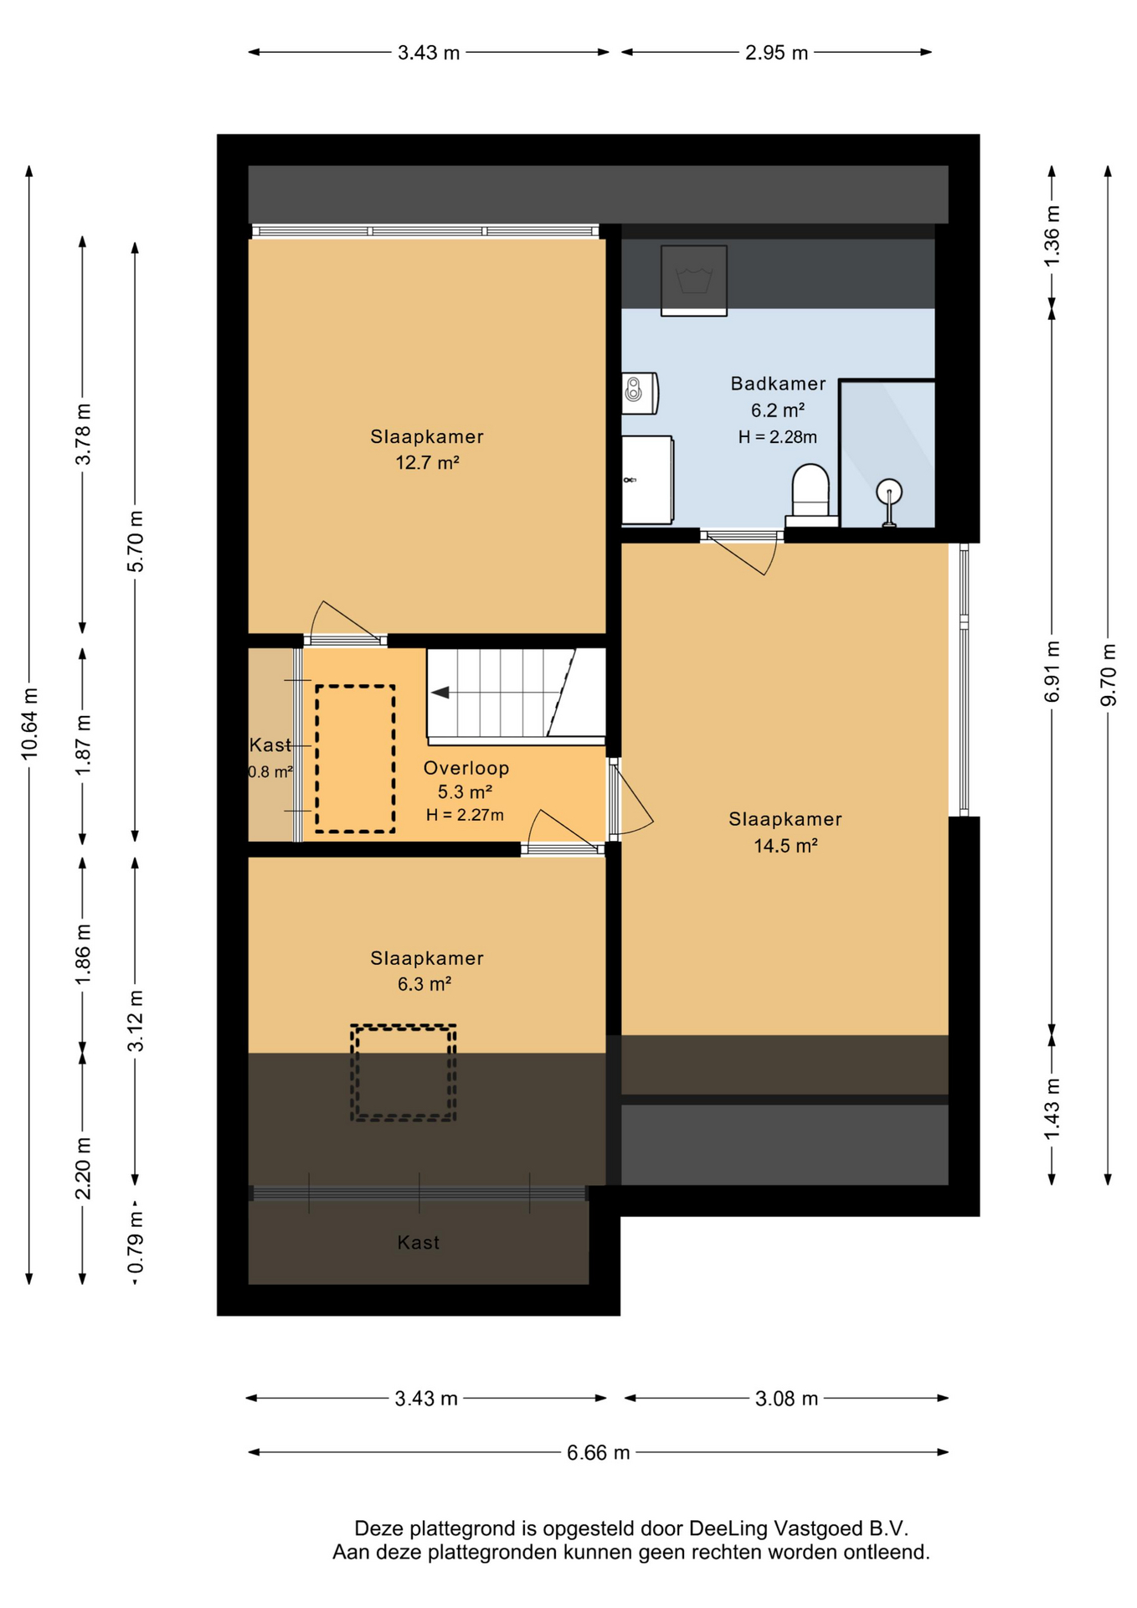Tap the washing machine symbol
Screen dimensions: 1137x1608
coord(693,281)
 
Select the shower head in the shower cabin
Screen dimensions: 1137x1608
coord(888,501)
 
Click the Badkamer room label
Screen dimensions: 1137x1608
coord(778,384)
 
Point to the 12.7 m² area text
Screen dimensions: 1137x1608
coord(427,462)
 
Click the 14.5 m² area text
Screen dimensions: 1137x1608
coord(785,846)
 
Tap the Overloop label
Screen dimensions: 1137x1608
coord(466,768)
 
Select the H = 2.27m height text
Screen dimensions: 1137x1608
coord(465,815)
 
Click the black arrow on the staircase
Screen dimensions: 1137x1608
coord(440,693)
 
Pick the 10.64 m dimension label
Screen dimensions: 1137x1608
coord(30,724)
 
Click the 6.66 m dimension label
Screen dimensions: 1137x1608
coord(598,1452)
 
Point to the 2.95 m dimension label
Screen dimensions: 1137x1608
coord(776,53)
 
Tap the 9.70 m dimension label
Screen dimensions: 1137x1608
coord(1108,674)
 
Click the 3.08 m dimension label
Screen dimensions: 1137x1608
coord(786,1398)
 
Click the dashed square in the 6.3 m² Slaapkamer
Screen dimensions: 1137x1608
coord(403,1072)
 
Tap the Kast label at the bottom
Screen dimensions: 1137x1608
coord(418,1242)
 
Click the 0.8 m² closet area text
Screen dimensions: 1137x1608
coord(270,772)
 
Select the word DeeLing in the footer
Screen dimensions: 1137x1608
coord(728,1528)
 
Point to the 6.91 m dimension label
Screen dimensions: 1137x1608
coord(1052,672)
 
